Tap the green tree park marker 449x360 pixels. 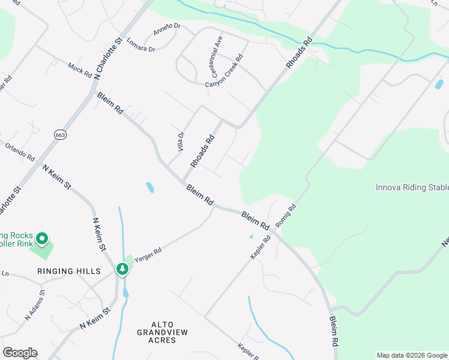coord(122,269)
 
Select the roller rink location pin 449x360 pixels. coord(42,239)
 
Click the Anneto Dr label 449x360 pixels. coord(167,29)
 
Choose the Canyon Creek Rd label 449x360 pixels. coord(224,71)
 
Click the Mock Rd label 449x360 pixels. coord(79,70)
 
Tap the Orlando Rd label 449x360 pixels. coord(20,152)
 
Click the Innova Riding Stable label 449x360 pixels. coord(412,187)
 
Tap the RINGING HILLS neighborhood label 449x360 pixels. coord(68,271)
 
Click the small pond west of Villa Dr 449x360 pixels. coord(149,188)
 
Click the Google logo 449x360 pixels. coord(20,353)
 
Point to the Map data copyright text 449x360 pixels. coord(412,355)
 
